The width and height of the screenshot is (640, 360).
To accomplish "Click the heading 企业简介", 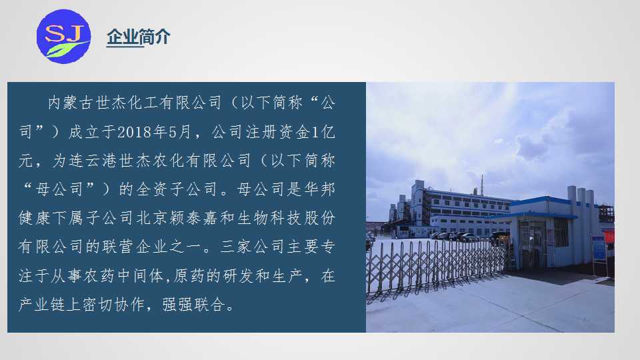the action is tap(139, 37).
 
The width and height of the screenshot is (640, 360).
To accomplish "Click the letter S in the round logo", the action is tap(55, 33).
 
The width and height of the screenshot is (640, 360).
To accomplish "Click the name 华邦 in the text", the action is tap(319, 189).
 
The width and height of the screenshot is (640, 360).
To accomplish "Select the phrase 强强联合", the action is tap(193, 304).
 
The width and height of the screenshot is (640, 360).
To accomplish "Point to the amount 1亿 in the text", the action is tap(323, 132).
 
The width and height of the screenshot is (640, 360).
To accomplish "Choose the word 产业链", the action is tap(42, 304).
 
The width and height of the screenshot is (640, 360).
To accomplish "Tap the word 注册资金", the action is tap(277, 132).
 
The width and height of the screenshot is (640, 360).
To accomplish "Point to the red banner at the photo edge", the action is tap(609, 237).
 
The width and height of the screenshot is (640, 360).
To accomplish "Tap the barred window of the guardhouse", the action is tap(561, 232).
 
